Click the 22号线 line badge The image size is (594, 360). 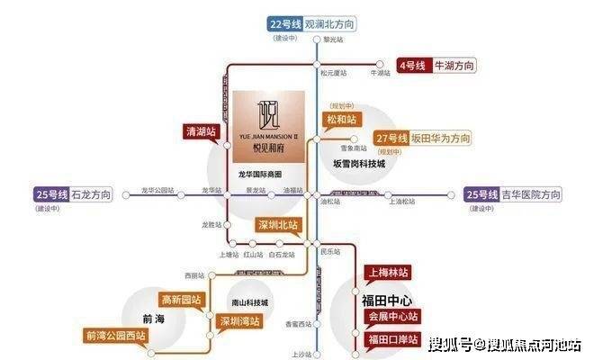pos(284,23)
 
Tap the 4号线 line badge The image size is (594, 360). pos(413,66)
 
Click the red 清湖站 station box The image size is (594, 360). pos(200,130)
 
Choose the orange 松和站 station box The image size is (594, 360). pos(341,118)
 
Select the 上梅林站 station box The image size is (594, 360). pos(386,271)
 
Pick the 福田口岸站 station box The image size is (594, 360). pos(393,339)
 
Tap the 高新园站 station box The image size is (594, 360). pos(182,299)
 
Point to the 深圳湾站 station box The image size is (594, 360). pos(239,320)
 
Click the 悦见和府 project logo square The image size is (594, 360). pos(269,127)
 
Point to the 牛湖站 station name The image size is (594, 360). pos(382,74)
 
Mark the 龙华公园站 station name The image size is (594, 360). pos(158,190)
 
